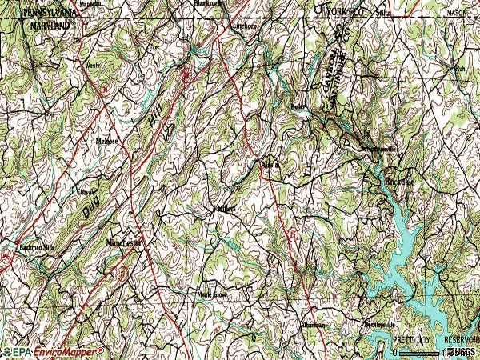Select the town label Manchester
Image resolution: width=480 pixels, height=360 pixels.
pos(123,242)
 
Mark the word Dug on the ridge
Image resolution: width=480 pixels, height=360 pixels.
pos(88,210)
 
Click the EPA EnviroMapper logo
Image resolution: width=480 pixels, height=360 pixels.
pos(52,352)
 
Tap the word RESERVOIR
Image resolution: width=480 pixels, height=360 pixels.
pos(459,340)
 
